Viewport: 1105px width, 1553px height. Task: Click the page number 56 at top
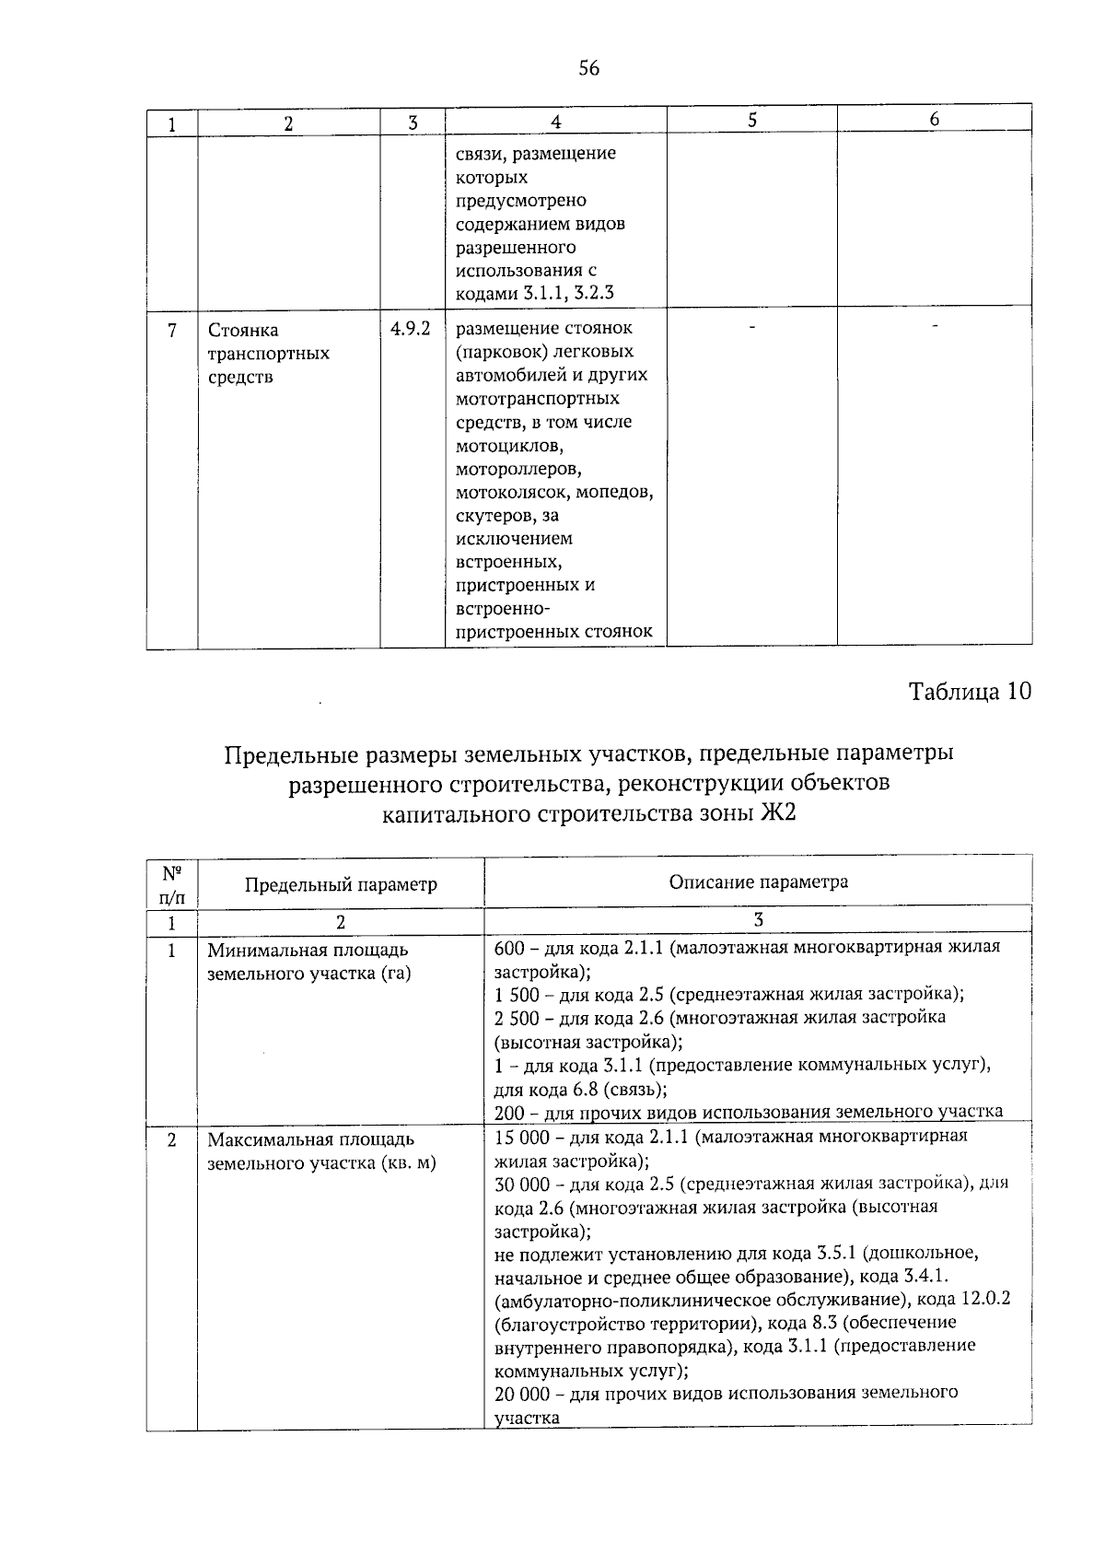coord(589,67)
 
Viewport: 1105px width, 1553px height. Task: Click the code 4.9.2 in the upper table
coord(411,329)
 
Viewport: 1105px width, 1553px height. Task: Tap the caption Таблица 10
coord(971,691)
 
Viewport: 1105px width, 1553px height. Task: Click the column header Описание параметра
coord(758,882)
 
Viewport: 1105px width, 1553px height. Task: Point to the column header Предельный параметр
coord(341,885)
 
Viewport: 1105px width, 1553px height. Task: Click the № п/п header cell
coord(171,882)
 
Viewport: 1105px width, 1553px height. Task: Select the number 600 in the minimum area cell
coord(509,947)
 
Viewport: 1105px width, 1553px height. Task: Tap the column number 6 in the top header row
coord(934,120)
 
